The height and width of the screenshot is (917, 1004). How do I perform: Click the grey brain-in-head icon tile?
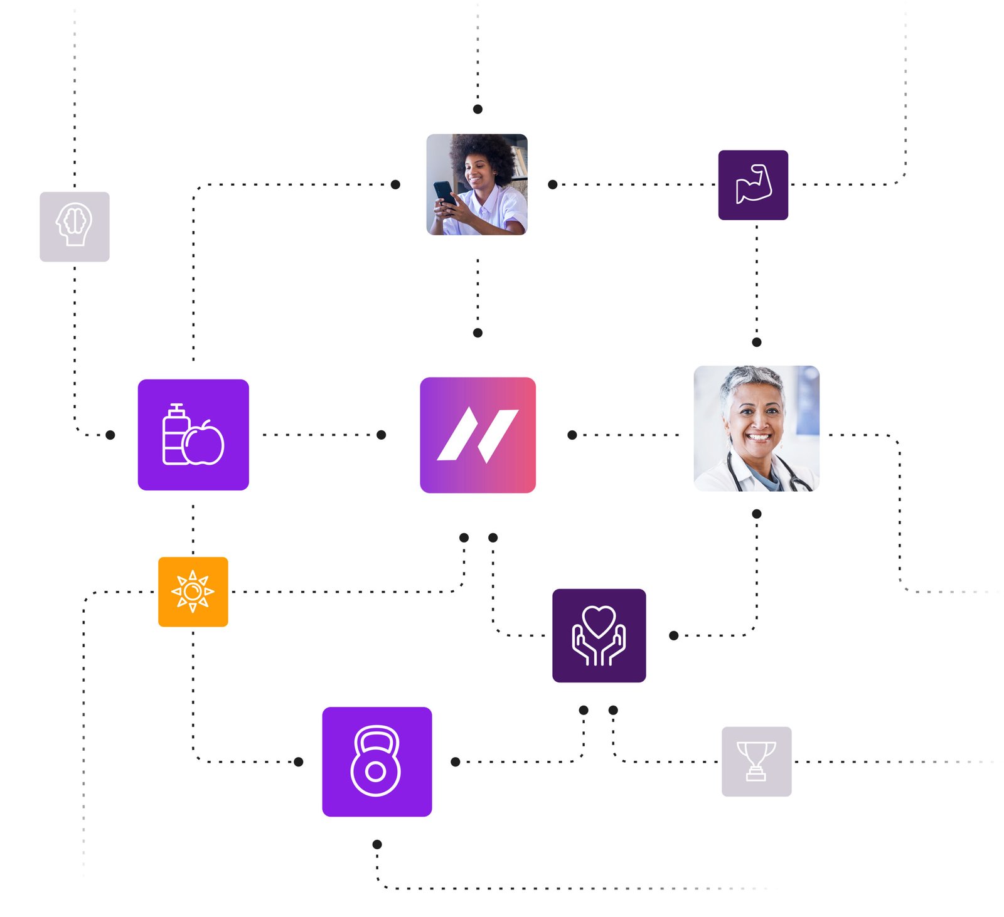(x=74, y=226)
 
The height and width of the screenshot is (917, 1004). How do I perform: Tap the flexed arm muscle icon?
(x=752, y=184)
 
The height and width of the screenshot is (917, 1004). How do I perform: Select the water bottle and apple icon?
(x=193, y=434)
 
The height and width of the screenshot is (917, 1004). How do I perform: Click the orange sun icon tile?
(x=193, y=591)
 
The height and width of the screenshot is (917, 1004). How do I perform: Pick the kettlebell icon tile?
(x=376, y=761)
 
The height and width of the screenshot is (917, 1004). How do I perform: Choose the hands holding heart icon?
(x=598, y=635)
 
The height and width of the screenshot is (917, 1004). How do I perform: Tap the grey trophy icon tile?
(x=756, y=761)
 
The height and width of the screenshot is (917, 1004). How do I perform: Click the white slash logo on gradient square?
(x=477, y=434)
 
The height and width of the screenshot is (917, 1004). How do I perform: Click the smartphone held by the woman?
(x=443, y=191)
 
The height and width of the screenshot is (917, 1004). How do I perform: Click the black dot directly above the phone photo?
(x=478, y=109)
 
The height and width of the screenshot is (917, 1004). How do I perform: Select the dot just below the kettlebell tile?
(x=376, y=844)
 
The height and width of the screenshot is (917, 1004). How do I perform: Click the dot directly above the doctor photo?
(x=756, y=342)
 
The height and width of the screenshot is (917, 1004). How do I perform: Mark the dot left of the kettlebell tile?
(x=298, y=761)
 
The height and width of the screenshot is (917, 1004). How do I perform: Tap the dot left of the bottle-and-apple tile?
(x=110, y=435)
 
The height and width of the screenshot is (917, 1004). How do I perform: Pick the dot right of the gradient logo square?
(x=572, y=435)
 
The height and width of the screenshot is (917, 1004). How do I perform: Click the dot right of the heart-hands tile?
(x=673, y=635)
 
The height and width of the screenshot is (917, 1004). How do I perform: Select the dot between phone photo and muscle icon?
(x=552, y=184)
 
